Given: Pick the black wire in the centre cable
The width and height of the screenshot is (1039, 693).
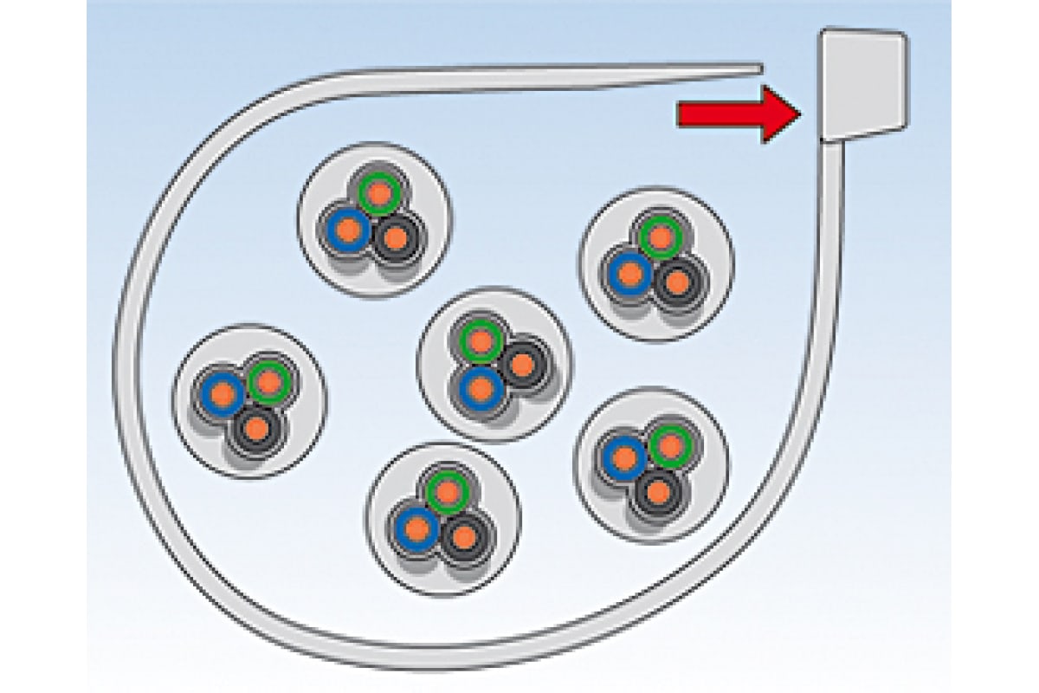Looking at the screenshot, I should click(521, 365).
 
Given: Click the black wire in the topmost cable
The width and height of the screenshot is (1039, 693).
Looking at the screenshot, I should click(396, 236).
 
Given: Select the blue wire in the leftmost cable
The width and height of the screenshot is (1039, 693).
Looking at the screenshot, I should click(223, 392).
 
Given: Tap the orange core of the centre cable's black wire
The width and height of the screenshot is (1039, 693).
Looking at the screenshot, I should click(521, 365).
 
